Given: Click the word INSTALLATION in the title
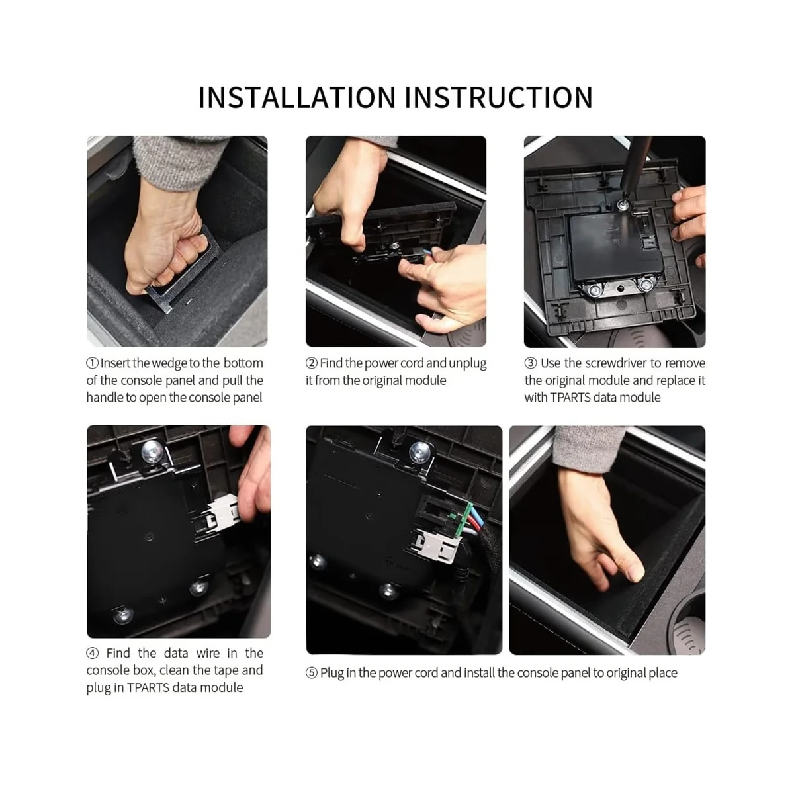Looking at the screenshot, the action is point(297,98).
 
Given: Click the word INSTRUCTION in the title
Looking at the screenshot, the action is point(499,98).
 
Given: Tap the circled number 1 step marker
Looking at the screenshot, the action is point(92,363).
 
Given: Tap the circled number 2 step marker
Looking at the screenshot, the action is point(312,363).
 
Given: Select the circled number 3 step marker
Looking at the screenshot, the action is point(530,363).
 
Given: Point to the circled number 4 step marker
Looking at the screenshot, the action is point(92,654).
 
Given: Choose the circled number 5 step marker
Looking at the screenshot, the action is point(312,674).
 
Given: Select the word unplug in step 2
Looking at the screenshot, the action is point(467,364).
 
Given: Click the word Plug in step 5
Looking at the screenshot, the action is point(332,674).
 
